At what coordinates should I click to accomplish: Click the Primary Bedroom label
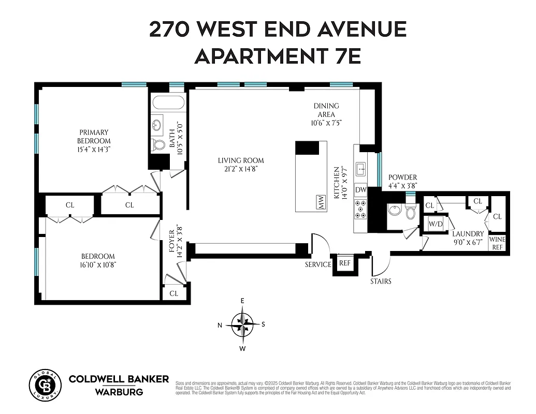point(94,137)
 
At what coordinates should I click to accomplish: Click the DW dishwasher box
point(361,190)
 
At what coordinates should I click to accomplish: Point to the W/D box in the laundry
point(435,224)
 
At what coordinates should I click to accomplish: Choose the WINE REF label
point(497,243)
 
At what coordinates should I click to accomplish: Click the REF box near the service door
point(344,263)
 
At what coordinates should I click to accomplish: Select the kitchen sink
point(361,168)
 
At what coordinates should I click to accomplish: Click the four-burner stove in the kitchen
point(360,209)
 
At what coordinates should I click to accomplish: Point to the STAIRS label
point(381,282)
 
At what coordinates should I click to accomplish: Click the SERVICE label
point(317,264)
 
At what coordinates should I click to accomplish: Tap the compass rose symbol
point(242,324)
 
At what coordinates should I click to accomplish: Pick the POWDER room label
point(402,178)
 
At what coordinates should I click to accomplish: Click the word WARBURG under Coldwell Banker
point(119,392)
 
